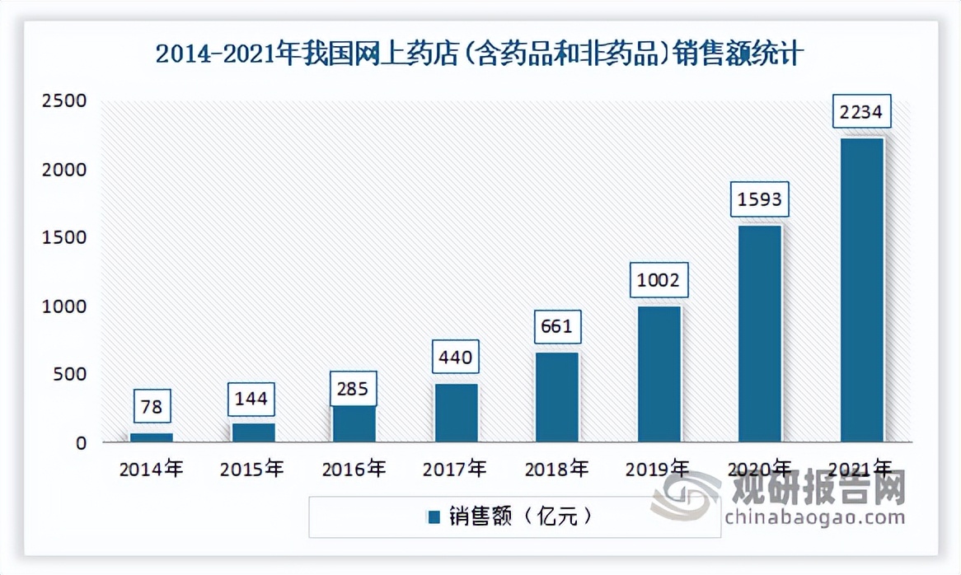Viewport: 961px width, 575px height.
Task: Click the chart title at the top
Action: click(x=480, y=55)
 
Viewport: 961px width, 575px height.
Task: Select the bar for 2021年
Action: click(x=861, y=290)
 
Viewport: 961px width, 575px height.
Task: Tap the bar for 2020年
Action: click(x=760, y=334)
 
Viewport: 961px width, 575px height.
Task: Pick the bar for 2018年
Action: click(x=557, y=397)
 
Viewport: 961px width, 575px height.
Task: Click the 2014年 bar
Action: click(x=152, y=437)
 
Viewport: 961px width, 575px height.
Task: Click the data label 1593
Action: click(x=760, y=200)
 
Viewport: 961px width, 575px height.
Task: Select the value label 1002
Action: click(x=659, y=281)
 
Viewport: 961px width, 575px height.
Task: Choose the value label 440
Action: click(x=456, y=358)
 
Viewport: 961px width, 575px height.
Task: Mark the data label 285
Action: click(x=354, y=387)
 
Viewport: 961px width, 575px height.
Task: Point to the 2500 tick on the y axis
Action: click(x=63, y=101)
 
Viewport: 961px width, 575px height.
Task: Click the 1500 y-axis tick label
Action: click(x=63, y=238)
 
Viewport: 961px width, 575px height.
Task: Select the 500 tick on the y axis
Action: click(x=70, y=375)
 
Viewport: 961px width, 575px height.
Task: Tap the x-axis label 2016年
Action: click(x=354, y=470)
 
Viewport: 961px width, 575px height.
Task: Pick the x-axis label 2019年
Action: click(x=659, y=470)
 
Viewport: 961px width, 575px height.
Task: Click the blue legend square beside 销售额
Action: click(x=434, y=517)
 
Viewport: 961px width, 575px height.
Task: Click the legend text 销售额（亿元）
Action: click(x=521, y=517)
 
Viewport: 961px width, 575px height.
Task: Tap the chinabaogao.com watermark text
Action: click(x=815, y=517)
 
